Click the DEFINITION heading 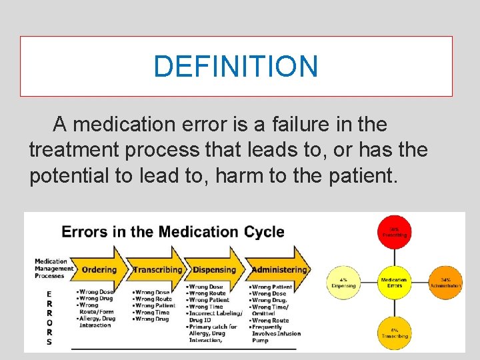[x=236, y=66]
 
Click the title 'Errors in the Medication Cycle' [x=173, y=232]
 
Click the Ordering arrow [x=99, y=269]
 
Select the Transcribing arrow [x=157, y=269]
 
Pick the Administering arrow [x=279, y=269]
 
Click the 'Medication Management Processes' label [x=54, y=269]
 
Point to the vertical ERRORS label [x=49, y=317]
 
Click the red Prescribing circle [x=394, y=231]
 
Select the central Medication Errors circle [x=394, y=282]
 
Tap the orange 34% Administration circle [x=446, y=282]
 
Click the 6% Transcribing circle [x=394, y=333]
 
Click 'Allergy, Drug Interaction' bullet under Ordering [x=97, y=322]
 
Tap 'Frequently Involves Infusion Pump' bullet [x=276, y=333]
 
